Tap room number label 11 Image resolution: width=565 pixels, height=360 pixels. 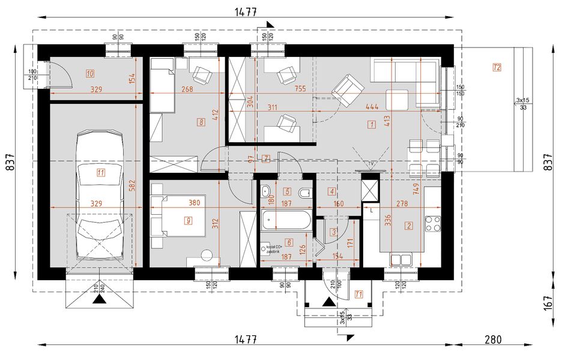pos(100,173)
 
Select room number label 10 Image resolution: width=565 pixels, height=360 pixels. pos(90,74)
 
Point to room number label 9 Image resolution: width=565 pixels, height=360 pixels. pos(189,220)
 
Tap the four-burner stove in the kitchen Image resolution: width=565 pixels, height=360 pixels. pos(433,224)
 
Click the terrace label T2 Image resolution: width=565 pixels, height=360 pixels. pos(496,67)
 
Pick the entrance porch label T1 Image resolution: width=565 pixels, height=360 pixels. pos(358,294)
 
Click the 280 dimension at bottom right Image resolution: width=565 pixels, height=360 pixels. pos(492,339)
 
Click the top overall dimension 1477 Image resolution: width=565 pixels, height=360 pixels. pos(245,11)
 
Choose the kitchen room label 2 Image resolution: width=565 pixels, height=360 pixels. pos(409,226)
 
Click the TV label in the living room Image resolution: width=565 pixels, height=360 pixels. pos(371,164)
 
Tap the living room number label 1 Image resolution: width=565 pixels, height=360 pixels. pos(372,125)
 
